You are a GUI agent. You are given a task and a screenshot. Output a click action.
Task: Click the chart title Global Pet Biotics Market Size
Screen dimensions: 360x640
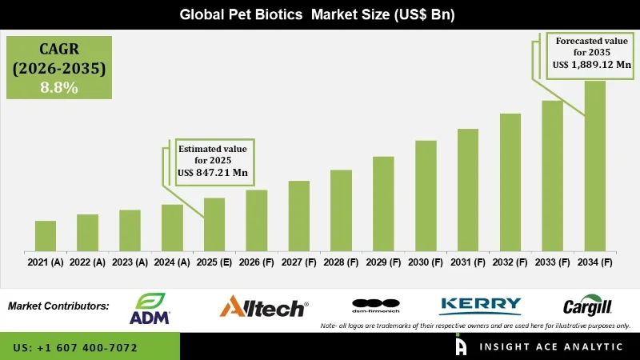[320, 14]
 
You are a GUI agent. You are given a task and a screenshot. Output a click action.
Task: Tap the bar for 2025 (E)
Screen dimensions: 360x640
[214, 223]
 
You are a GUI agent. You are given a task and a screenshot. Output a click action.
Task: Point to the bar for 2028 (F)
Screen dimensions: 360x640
[341, 209]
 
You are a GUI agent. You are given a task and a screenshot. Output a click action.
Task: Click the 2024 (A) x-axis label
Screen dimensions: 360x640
[172, 262]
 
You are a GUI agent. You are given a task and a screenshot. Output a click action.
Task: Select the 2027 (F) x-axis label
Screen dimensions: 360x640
[299, 262]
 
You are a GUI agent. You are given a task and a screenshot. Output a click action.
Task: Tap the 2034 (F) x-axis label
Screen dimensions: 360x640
[595, 262]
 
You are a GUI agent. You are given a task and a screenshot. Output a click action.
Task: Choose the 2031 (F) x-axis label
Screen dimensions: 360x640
[468, 262]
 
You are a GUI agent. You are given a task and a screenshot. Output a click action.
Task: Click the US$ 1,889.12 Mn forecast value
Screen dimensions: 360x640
[591, 65]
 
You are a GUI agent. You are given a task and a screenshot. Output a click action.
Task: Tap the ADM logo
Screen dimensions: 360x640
[150, 309]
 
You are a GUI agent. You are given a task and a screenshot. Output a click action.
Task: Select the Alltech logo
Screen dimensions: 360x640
[263, 306]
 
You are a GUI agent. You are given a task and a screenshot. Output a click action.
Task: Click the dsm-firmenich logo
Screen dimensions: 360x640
[375, 306]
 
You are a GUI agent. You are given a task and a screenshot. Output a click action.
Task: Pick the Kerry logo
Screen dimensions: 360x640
[480, 306]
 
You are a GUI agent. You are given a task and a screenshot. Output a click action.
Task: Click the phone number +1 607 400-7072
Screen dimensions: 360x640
[75, 348]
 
